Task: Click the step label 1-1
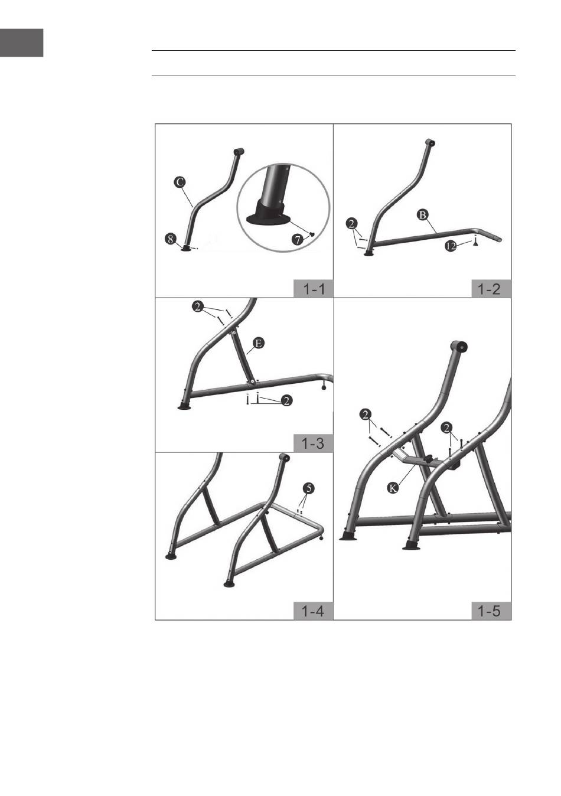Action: click(x=314, y=289)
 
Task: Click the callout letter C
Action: click(x=180, y=182)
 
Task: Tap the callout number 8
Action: click(x=171, y=239)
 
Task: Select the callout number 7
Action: click(x=298, y=239)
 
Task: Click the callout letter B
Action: click(x=423, y=214)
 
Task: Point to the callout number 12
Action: click(x=451, y=246)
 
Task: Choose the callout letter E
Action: click(x=259, y=343)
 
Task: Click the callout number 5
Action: click(x=309, y=488)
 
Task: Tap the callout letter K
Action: click(x=393, y=488)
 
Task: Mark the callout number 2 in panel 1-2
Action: click(x=352, y=224)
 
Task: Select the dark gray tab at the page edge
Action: click(x=22, y=43)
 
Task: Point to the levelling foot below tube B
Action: click(x=475, y=242)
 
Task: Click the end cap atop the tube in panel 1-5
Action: click(x=459, y=346)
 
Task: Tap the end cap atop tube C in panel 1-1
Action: click(x=239, y=151)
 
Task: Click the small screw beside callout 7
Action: click(x=312, y=234)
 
